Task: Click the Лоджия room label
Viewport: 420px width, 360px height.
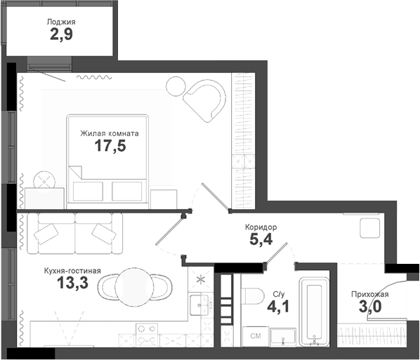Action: (61, 22)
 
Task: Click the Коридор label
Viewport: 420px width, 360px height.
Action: (261, 227)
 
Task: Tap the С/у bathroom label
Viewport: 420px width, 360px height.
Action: (279, 294)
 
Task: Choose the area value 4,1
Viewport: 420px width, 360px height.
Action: (280, 307)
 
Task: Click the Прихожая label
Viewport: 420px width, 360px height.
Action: (369, 295)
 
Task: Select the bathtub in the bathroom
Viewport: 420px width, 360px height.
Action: (313, 313)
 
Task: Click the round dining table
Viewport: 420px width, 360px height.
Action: (134, 285)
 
